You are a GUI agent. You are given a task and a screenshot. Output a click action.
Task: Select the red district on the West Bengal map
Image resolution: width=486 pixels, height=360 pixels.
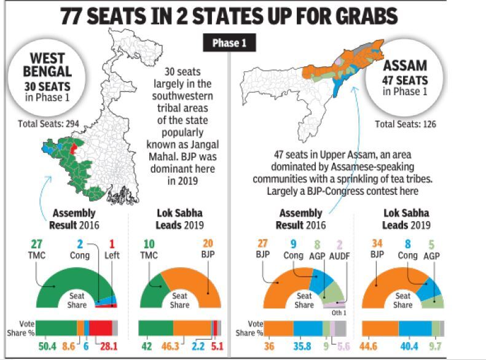74,148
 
